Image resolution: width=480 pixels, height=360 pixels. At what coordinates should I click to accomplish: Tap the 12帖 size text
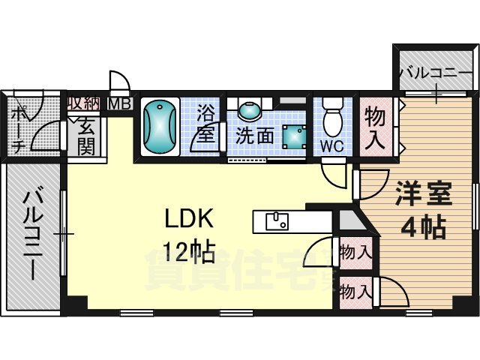pyautogui.click(x=190, y=250)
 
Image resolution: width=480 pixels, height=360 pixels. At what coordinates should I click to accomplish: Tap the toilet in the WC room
pyautogui.click(x=331, y=119)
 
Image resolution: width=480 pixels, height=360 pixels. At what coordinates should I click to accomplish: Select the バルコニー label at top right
pyautogui.click(x=435, y=73)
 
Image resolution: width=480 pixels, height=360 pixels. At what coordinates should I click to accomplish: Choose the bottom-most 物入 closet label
pyautogui.click(x=354, y=290)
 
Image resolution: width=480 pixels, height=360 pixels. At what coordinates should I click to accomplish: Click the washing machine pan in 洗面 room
pyautogui.click(x=289, y=136)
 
